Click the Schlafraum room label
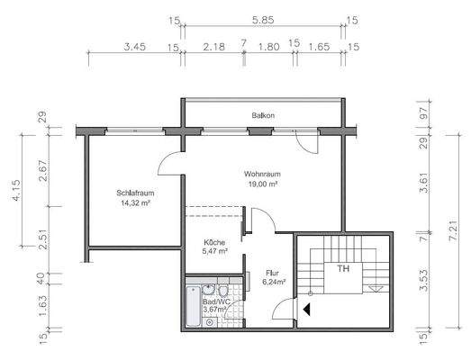pyautogui.click(x=133, y=193)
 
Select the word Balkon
pyautogui.click(x=263, y=115)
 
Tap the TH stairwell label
pyautogui.click(x=343, y=268)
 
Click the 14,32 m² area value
pyautogui.click(x=133, y=203)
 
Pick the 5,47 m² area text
pyautogui.click(x=214, y=253)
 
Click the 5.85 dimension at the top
pyautogui.click(x=263, y=19)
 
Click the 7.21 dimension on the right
pyautogui.click(x=452, y=220)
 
